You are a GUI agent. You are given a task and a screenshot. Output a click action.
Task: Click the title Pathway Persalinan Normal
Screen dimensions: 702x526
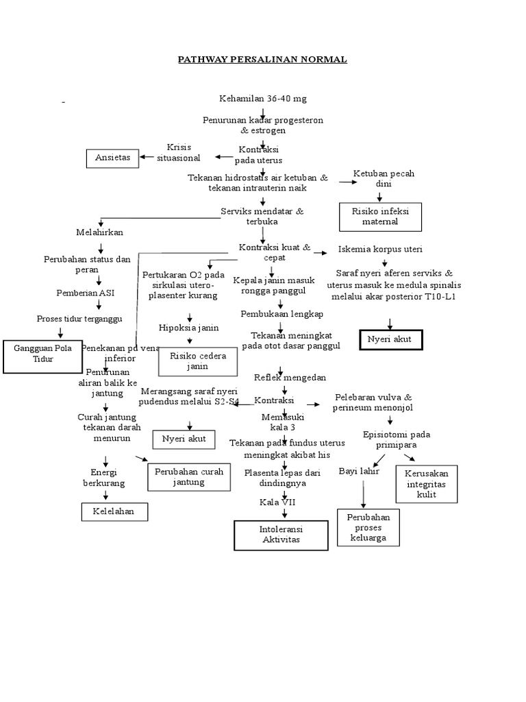[x=262, y=60]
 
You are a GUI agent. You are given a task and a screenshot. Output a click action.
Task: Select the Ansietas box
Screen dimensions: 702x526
[x=112, y=158]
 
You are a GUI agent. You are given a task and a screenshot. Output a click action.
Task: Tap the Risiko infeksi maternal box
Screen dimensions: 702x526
[x=381, y=217]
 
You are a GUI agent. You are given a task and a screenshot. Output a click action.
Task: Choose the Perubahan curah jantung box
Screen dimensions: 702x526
[x=188, y=477]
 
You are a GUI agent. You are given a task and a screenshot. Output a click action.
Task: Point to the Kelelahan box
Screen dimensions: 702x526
[x=114, y=511]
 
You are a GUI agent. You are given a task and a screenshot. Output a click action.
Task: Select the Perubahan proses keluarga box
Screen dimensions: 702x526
[x=368, y=527]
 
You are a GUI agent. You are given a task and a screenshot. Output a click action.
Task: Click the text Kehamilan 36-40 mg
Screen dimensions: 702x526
[x=263, y=99]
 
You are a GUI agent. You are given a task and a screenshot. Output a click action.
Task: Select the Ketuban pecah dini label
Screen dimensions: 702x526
[x=383, y=179]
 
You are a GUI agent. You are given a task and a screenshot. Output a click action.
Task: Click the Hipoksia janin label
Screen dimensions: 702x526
[x=189, y=327]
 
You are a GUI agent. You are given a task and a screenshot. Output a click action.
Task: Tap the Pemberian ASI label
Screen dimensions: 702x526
[x=85, y=293]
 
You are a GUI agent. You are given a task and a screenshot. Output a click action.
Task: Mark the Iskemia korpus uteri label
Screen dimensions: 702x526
[x=381, y=248]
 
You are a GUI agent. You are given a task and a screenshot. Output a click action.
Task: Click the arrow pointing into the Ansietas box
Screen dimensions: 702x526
[x=147, y=157]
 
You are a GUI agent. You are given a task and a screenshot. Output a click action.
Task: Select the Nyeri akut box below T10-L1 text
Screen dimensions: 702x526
[x=391, y=339]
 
